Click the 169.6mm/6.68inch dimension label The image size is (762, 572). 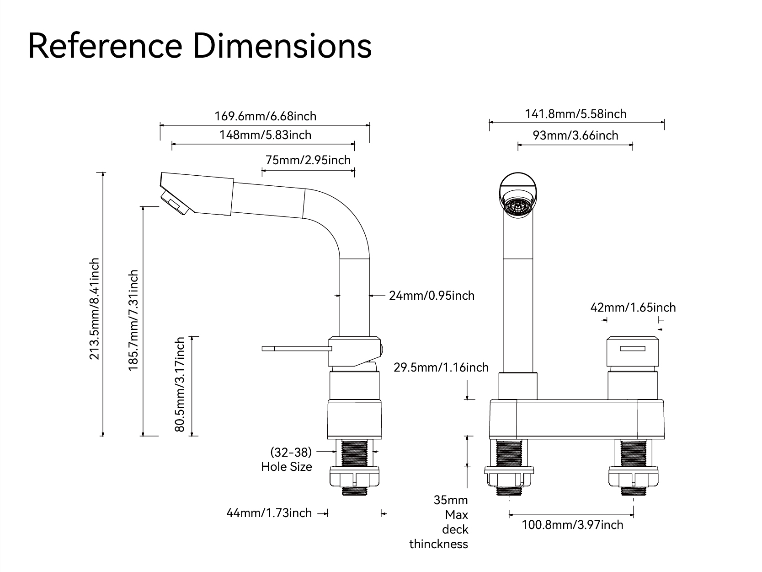[x=265, y=116]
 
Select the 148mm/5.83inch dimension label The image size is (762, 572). [x=265, y=135]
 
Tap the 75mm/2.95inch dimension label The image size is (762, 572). [x=308, y=160]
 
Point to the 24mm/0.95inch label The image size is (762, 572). [x=432, y=296]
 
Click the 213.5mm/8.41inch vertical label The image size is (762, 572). [x=95, y=309]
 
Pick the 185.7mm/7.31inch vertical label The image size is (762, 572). [x=133, y=320]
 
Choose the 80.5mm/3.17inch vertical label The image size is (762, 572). [x=180, y=384]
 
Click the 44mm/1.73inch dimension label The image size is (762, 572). [x=269, y=513]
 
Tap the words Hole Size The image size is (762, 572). [x=287, y=467]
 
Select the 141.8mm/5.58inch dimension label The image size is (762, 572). [x=575, y=113]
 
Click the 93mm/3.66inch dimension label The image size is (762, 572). [x=575, y=135]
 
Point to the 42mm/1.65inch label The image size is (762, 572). [x=633, y=308]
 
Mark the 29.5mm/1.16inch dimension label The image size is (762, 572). [x=441, y=367]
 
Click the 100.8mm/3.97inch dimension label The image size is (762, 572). [x=572, y=524]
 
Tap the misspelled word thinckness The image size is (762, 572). [x=438, y=544]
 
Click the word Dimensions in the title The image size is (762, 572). [x=283, y=46]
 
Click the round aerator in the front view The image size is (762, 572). [x=517, y=206]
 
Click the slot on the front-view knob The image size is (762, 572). [x=632, y=349]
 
